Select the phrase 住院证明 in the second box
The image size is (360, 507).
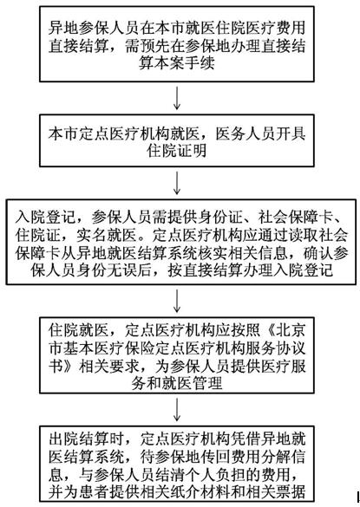tap(176, 150)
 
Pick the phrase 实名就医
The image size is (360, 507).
tap(106, 235)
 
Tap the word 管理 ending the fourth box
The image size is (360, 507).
tap(207, 383)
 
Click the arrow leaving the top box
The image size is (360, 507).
tap(177, 97)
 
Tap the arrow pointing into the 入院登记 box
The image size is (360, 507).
tap(177, 183)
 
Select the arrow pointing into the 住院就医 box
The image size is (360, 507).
tap(177, 301)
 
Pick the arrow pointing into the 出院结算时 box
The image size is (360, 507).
tap(177, 409)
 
